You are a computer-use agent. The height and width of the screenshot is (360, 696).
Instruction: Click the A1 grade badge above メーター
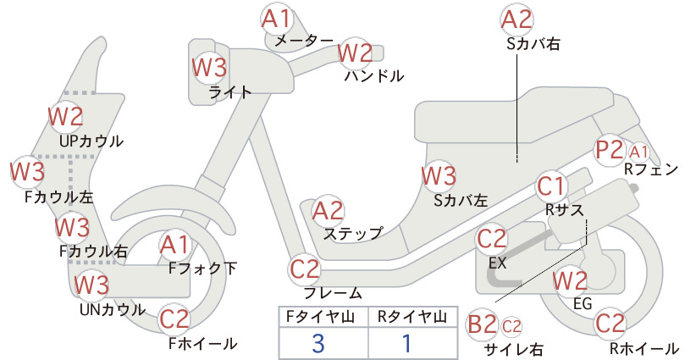(276, 19)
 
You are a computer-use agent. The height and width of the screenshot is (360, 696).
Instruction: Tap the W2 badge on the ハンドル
(355, 53)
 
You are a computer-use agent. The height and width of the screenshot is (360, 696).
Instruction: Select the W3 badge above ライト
(209, 68)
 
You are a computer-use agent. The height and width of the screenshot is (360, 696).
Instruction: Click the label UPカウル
(91, 141)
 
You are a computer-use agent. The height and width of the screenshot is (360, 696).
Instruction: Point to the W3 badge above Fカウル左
(28, 172)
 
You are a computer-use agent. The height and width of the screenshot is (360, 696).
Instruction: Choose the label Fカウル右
(93, 252)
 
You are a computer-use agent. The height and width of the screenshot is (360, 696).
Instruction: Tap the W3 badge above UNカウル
(91, 285)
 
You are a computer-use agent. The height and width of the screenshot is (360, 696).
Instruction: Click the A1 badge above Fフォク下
(175, 246)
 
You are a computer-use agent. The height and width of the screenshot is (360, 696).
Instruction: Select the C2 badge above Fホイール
(174, 319)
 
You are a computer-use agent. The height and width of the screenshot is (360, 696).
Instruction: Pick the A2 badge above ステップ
(328, 211)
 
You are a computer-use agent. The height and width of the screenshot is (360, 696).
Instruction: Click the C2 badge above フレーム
(305, 269)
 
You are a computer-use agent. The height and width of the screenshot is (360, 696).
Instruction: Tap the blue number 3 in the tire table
(318, 343)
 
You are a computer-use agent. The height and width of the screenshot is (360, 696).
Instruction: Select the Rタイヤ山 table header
(412, 317)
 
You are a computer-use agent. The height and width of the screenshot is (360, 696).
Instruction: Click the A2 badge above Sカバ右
(516, 20)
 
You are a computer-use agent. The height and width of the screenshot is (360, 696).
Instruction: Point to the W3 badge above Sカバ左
(439, 176)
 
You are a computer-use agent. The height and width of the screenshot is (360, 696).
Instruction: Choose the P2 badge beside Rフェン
(610, 150)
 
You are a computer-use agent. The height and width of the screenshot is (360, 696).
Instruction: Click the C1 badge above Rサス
(551, 186)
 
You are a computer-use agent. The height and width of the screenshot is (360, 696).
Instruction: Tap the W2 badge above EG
(570, 281)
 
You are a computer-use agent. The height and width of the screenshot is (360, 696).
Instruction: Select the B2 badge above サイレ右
(483, 325)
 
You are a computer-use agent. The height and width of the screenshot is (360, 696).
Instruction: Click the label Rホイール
(644, 348)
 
